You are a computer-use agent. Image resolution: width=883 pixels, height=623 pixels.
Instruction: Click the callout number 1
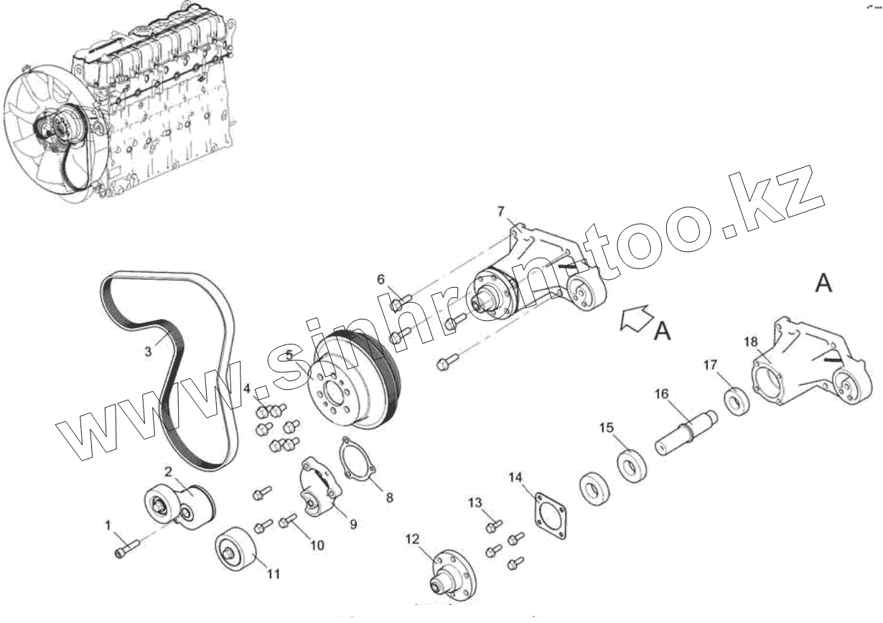[x=109, y=526]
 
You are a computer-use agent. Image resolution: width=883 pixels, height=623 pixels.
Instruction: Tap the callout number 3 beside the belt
[x=148, y=352]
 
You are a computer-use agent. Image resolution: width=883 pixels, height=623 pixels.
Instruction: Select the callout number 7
[x=501, y=211]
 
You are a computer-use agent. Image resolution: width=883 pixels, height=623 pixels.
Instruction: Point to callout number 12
[x=411, y=538]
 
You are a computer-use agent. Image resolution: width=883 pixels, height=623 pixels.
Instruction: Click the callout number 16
[x=660, y=394]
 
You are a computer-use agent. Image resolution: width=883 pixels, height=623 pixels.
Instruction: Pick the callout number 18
[x=751, y=342]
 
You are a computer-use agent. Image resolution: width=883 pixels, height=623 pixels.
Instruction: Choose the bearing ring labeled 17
[x=737, y=400]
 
